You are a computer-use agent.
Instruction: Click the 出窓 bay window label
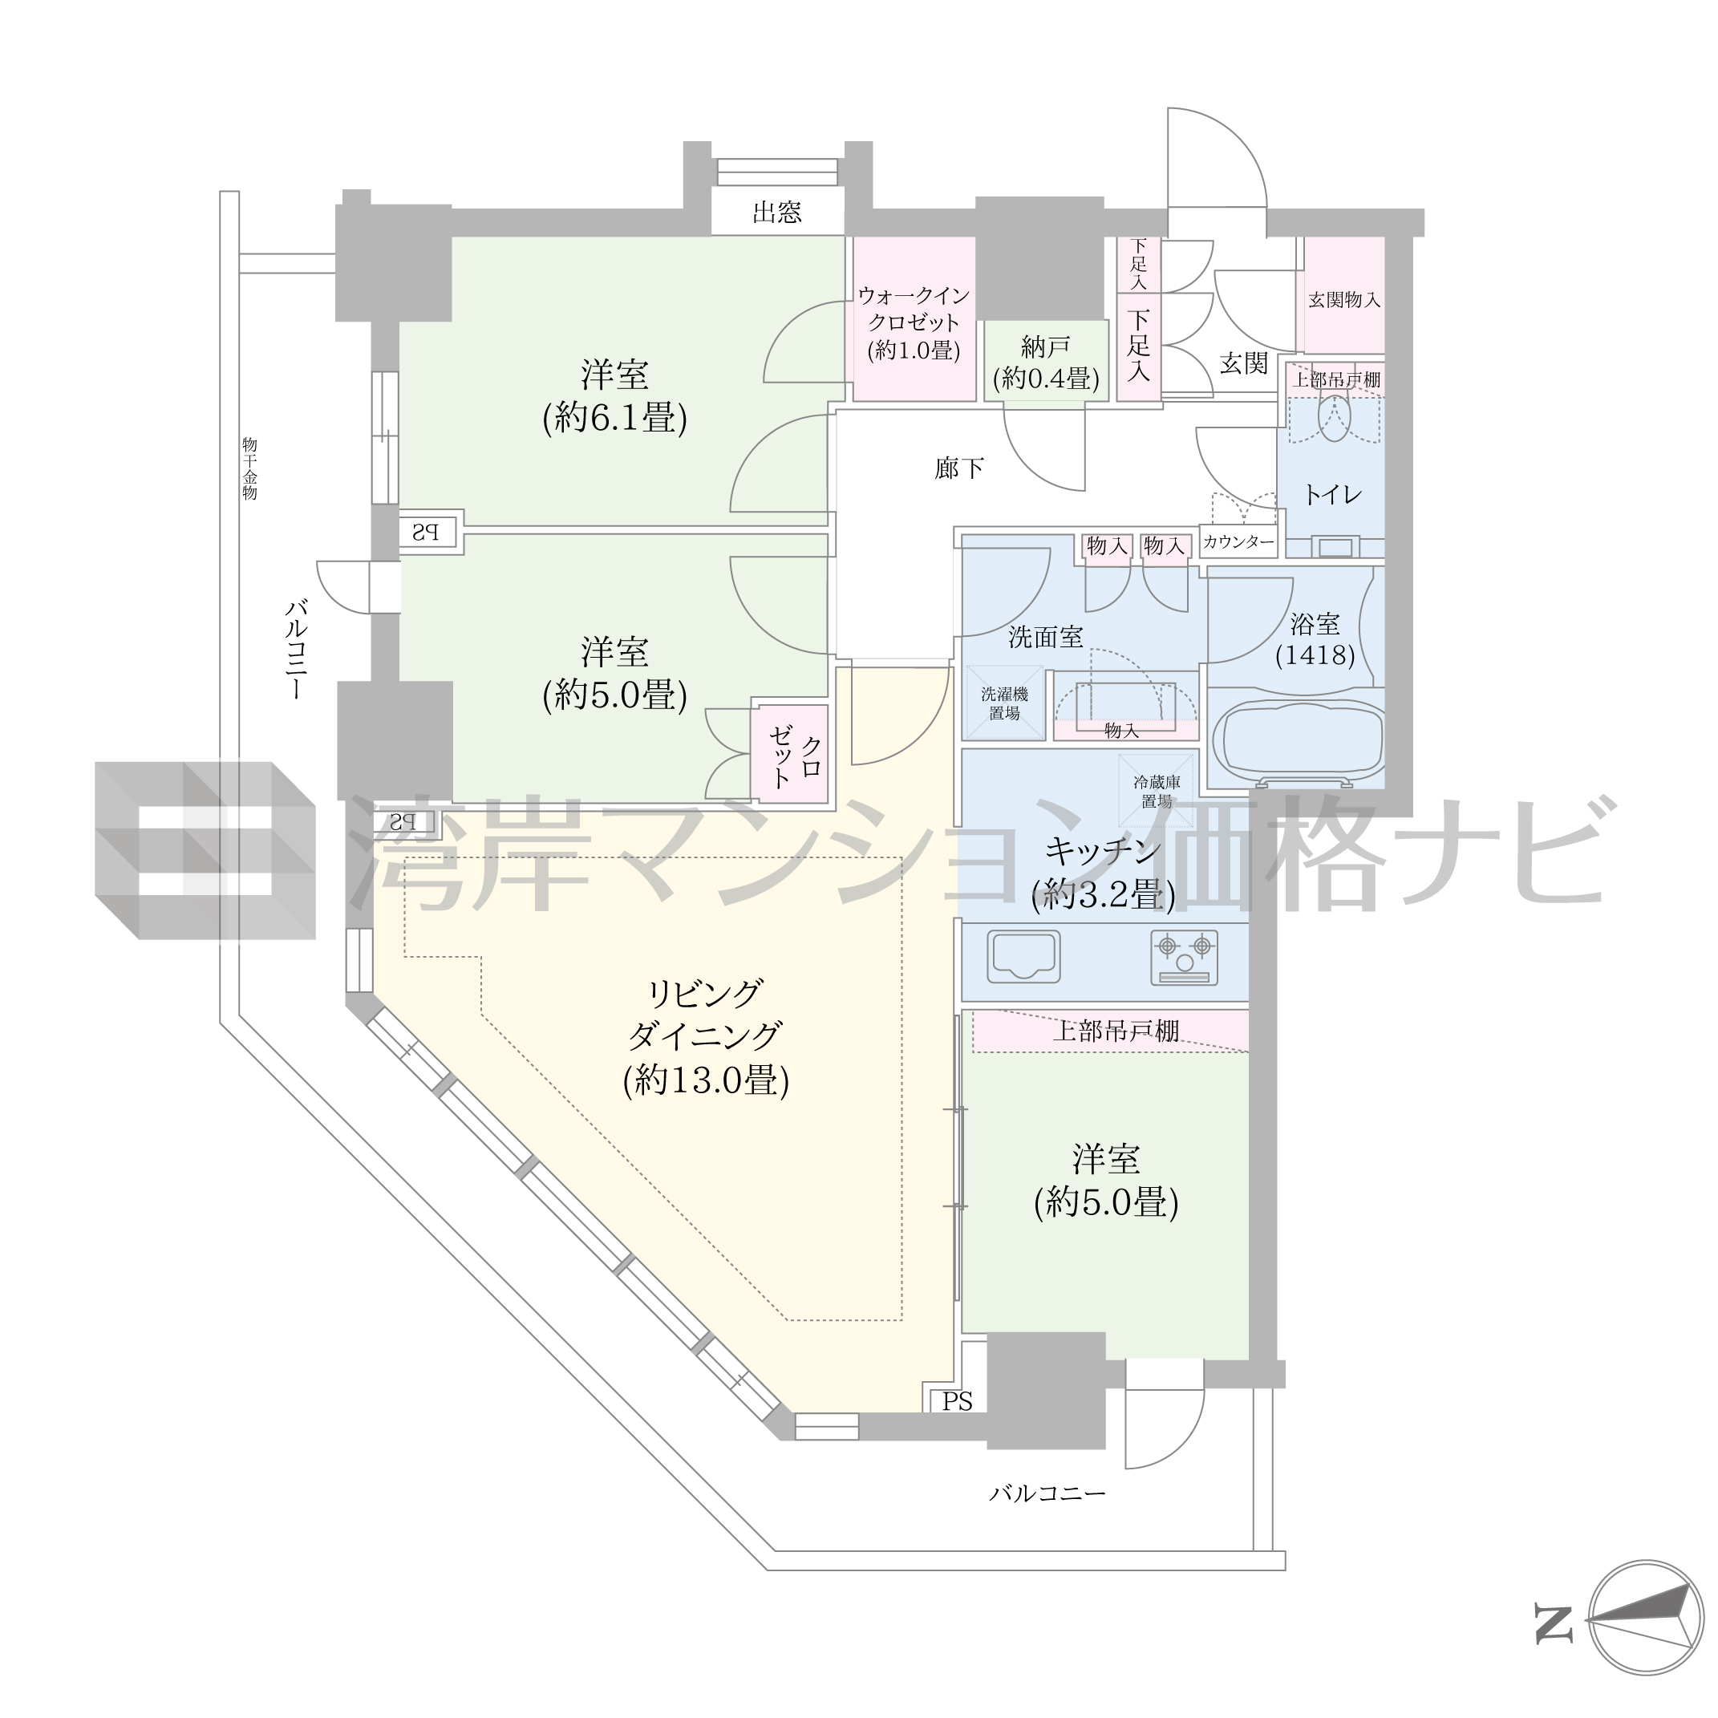[777, 212]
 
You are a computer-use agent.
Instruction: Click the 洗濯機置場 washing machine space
[1005, 703]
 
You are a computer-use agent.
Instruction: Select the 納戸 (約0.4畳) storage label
[1046, 362]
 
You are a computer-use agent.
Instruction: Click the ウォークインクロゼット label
[914, 322]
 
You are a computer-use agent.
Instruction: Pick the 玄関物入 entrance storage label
[1343, 300]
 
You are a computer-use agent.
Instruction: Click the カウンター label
[1238, 541]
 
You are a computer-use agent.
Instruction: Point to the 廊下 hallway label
[959, 468]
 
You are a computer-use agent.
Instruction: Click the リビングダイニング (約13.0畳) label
[706, 1037]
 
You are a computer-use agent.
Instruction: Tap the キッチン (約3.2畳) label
[1104, 873]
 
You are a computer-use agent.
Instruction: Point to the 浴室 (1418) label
[1315, 639]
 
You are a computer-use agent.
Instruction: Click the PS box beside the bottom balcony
[958, 1400]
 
